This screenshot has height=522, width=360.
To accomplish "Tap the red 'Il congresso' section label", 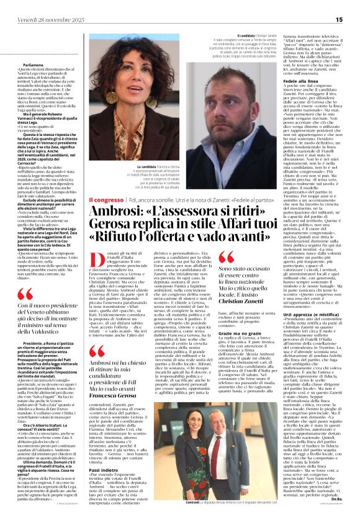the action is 106,200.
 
